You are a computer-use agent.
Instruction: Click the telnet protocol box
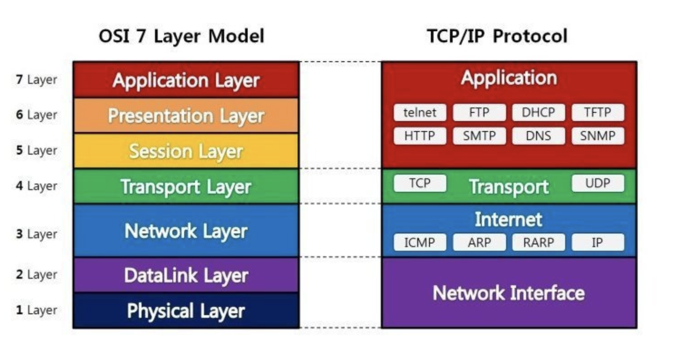click(420, 112)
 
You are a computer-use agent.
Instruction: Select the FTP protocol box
click(479, 112)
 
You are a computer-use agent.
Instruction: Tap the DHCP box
click(538, 112)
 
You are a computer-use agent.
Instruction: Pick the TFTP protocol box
click(598, 112)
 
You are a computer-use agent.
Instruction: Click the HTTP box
click(420, 136)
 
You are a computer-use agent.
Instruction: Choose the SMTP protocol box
click(479, 136)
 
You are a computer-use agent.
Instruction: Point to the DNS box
click(538, 136)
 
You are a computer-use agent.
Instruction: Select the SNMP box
click(598, 136)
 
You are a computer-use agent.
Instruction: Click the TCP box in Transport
click(420, 183)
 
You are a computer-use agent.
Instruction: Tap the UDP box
click(598, 183)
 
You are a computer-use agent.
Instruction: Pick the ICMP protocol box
click(420, 243)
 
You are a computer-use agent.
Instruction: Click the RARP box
click(538, 243)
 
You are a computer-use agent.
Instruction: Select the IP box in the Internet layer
click(598, 243)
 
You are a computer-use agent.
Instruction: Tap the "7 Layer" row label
click(37, 80)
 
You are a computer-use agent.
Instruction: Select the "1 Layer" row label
click(37, 311)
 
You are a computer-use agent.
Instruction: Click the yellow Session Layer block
click(186, 151)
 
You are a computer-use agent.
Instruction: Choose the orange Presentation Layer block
click(186, 116)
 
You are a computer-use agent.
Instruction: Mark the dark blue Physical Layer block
click(186, 311)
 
